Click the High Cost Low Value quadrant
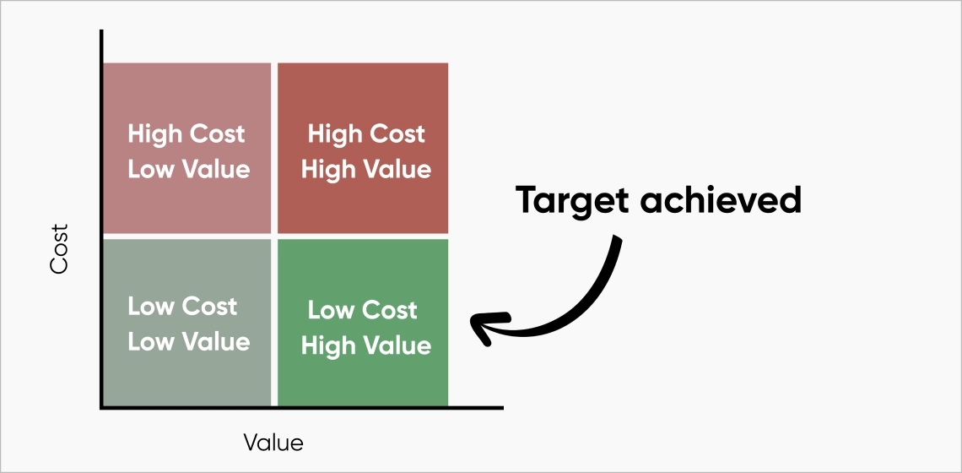[187, 148]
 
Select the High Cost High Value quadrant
[363, 148]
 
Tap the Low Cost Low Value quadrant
[187, 323]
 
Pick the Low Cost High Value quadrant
[363, 323]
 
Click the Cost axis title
[60, 249]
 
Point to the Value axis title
[273, 443]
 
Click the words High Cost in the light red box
[186, 134]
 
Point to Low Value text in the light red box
[189, 169]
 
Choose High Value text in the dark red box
[366, 169]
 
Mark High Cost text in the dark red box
[366, 134]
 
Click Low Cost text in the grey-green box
[182, 306]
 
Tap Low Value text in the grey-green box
[189, 341]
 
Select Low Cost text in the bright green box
[362, 310]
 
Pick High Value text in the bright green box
[366, 345]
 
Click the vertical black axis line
[101, 219]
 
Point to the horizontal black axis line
[301, 407]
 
